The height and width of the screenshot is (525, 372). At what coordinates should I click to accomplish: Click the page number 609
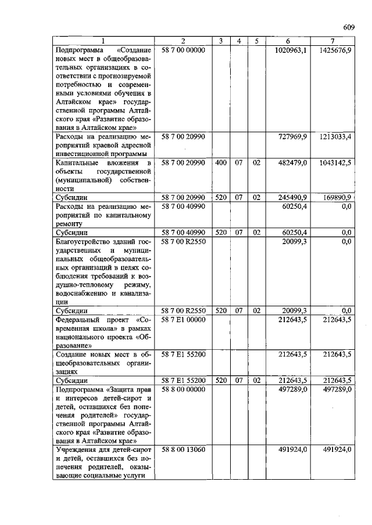pyautogui.click(x=349, y=27)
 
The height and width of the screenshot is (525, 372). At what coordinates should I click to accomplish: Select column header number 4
pyautogui.click(x=238, y=41)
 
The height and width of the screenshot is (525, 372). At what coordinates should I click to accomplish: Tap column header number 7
pyautogui.click(x=332, y=41)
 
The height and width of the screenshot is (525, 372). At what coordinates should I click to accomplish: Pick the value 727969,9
pyautogui.click(x=292, y=136)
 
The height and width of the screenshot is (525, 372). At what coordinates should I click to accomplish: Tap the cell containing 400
pyautogui.click(x=220, y=164)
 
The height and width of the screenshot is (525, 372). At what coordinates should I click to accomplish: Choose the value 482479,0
pyautogui.click(x=292, y=164)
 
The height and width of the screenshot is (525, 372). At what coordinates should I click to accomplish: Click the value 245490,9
pyautogui.click(x=292, y=198)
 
